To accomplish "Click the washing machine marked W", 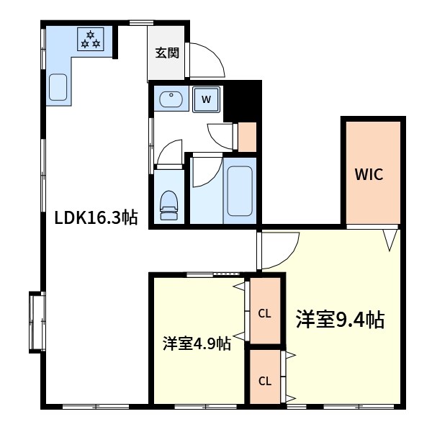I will point(205,99).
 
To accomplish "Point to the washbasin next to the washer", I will point(171,99).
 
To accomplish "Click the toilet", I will point(168,204).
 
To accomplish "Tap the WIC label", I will point(372,174).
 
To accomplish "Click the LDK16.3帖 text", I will point(96,217).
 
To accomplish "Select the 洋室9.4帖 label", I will point(338,318).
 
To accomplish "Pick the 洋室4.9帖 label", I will point(196,343).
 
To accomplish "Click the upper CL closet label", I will point(264,313).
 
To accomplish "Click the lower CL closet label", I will point(264,381).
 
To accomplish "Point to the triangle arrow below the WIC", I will point(390,240).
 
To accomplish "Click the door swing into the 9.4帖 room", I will point(276,252).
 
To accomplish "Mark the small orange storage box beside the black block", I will point(247,137).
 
